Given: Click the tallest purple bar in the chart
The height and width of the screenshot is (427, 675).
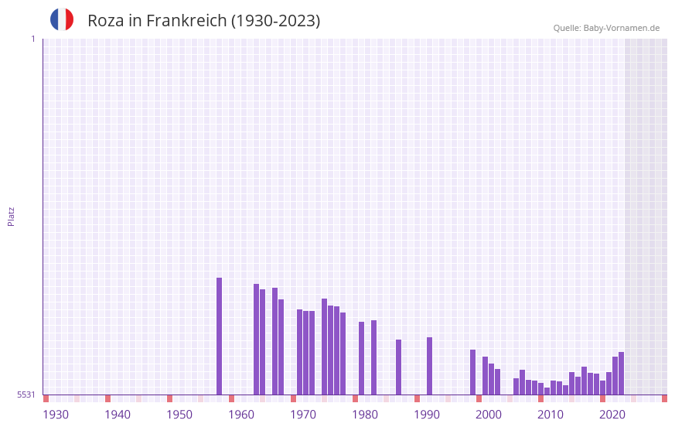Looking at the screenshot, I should tap(219, 336).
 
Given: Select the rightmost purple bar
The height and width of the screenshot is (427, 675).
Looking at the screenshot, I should tap(621, 373).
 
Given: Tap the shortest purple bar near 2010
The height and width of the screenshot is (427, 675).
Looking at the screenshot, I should tap(547, 391).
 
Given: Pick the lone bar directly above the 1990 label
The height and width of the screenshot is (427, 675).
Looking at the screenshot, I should tap(429, 366).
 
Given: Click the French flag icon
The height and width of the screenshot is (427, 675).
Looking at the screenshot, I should tap(62, 19).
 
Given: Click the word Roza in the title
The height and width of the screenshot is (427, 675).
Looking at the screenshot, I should tap(104, 21).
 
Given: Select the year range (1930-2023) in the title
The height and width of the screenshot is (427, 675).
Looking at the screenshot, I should tap(275, 21).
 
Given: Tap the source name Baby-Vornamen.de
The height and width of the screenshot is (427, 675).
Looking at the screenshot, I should tap(622, 28).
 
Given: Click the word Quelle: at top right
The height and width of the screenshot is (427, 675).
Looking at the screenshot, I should tap(567, 28).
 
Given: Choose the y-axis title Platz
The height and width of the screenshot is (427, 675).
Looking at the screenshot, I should tap(11, 216).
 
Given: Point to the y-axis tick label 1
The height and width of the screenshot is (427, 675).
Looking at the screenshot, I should tap(32, 39).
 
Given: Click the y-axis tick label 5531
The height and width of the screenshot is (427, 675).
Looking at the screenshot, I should tap(27, 395).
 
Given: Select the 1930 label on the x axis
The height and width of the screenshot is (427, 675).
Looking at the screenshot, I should tap(56, 415).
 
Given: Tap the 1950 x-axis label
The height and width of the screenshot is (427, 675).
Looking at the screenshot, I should tap(179, 415).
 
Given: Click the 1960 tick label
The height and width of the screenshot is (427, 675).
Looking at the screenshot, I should tap(241, 415).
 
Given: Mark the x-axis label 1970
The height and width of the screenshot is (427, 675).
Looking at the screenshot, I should tap(303, 415).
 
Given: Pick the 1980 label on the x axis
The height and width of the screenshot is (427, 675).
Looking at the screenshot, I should tap(365, 415).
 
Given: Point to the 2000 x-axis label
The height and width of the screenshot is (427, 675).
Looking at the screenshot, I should tap(489, 415).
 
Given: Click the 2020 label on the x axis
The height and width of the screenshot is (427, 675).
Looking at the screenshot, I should tap(612, 415).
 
